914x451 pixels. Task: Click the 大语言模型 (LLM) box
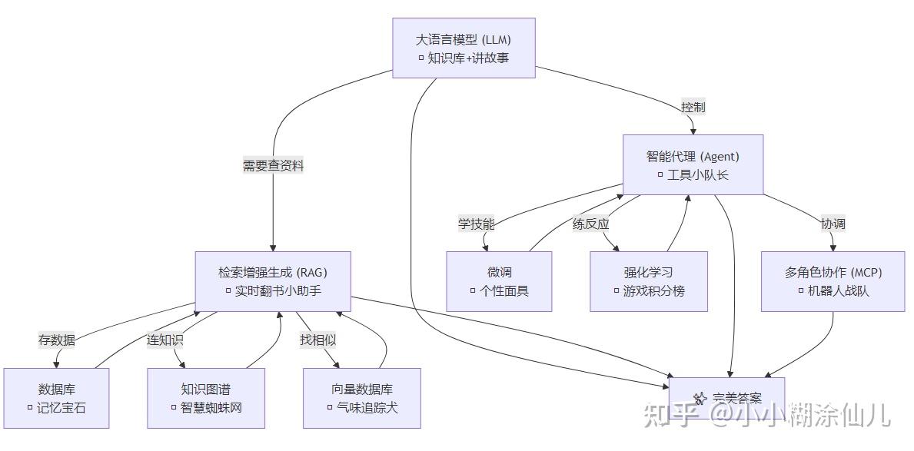point(464,48)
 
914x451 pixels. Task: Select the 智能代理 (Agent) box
point(693,165)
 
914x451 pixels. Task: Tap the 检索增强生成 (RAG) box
point(273,281)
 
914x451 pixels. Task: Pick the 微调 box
point(499,281)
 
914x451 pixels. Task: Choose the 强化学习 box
point(649,281)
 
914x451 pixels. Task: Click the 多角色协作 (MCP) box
point(833,281)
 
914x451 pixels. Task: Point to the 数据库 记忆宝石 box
point(56,398)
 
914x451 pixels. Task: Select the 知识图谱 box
point(206,398)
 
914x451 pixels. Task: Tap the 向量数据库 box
point(362,398)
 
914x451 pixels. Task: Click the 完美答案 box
point(726,397)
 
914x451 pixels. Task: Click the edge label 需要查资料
point(273,166)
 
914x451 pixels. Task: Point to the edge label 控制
point(693,107)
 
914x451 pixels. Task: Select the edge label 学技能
point(477,224)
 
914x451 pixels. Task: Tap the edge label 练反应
point(590,224)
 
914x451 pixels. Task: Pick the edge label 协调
point(833,224)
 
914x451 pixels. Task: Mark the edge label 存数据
point(57,340)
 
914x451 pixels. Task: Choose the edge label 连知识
point(165,340)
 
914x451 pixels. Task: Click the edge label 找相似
point(317,340)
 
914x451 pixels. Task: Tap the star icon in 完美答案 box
point(700,398)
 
